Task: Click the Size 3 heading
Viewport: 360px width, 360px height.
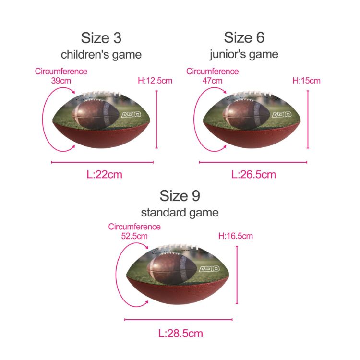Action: (101, 37)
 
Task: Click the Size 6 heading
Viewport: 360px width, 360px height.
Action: (244, 37)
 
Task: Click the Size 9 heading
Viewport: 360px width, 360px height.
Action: (180, 196)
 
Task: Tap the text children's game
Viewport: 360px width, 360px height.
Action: (101, 54)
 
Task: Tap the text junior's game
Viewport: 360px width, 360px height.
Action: (244, 54)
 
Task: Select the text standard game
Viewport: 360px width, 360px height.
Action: (180, 212)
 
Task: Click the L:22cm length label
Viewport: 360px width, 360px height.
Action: (105, 175)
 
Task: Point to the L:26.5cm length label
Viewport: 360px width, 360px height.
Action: (253, 175)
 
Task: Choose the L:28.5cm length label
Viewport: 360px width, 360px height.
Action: (180, 333)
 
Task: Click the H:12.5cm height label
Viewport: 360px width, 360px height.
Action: (155, 81)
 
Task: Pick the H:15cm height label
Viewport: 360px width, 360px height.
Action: (306, 81)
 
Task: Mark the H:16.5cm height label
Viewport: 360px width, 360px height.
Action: (235, 236)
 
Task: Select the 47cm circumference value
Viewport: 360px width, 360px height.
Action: (213, 81)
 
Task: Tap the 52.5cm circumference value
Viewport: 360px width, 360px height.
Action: (134, 236)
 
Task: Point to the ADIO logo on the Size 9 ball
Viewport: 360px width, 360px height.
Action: (209, 269)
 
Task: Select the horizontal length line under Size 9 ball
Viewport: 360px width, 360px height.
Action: (178, 319)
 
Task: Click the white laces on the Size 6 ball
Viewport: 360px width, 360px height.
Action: (250, 95)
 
